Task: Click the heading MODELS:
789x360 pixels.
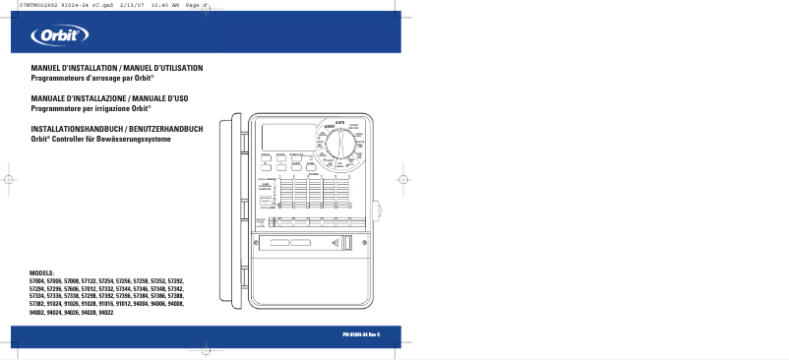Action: click(x=43, y=272)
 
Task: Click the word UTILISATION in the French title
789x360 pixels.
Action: click(x=179, y=67)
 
